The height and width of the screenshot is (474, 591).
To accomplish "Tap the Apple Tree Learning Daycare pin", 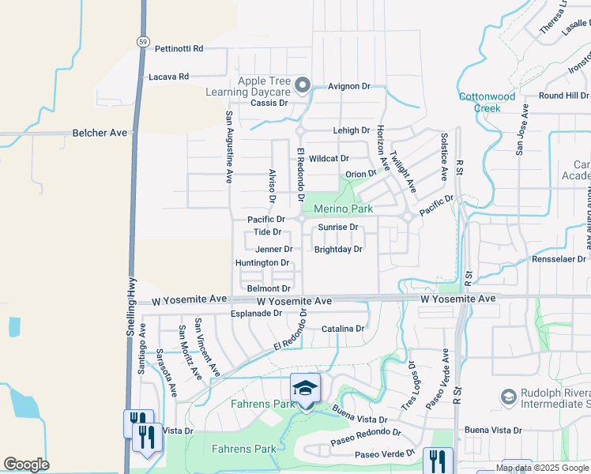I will point(302,84).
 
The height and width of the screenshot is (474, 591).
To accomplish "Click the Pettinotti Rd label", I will point(179,48).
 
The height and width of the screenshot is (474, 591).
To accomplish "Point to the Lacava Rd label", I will point(169,77).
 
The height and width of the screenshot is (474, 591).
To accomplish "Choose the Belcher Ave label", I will point(100,133).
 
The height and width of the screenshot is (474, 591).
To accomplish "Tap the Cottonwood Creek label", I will point(487,102).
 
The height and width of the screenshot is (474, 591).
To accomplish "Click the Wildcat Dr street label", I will point(329,158).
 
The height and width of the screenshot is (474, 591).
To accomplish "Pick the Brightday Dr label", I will point(338,249).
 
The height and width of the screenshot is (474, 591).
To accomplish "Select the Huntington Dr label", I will point(262,262).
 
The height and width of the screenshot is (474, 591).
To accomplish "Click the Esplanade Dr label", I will point(256,313).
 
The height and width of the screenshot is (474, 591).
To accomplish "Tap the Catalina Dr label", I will point(343,328).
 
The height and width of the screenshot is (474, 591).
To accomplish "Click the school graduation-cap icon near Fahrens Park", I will point(306,388).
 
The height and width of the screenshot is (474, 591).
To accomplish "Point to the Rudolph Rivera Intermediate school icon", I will point(508,395).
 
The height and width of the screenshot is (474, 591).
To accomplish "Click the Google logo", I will point(26,465).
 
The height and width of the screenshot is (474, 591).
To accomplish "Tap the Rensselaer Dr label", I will point(559,258).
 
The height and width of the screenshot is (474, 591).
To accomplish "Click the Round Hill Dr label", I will point(563,96).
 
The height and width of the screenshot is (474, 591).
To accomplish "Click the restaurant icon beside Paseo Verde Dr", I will point(437,460).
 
